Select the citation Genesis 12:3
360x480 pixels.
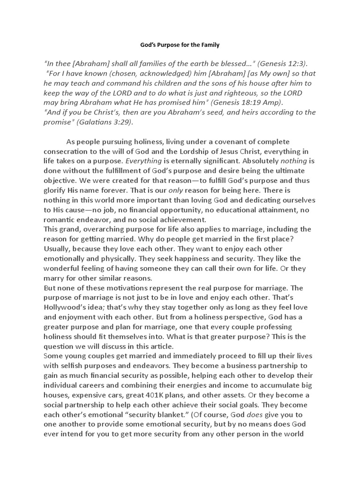[x=283, y=64]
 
